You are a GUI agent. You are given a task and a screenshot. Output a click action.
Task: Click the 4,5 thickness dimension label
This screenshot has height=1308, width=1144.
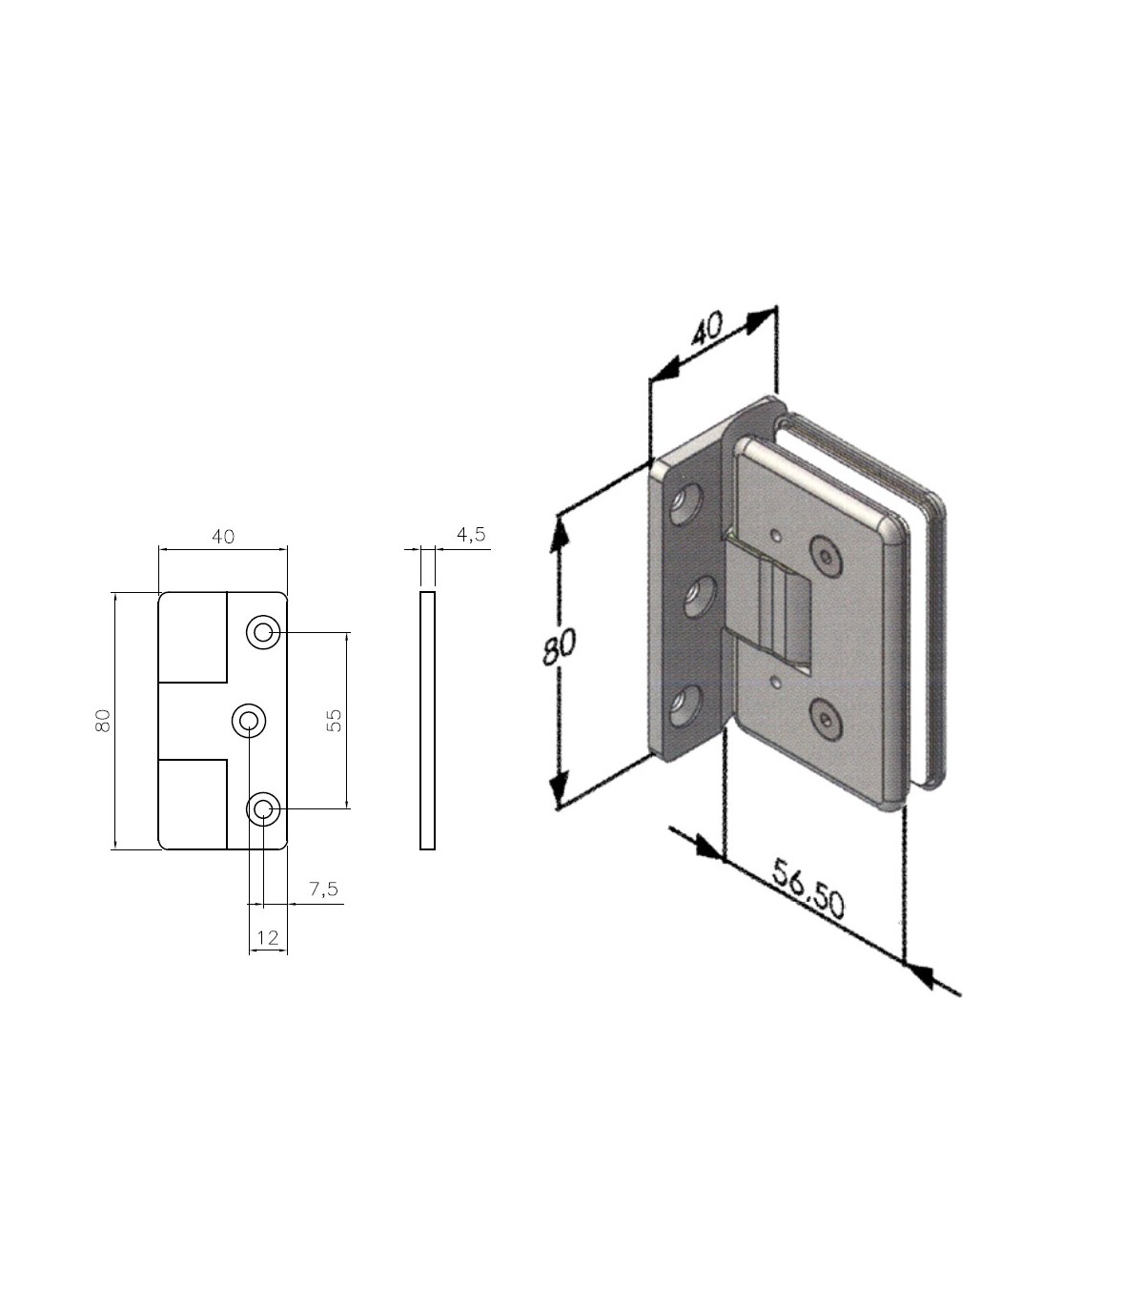[x=471, y=534]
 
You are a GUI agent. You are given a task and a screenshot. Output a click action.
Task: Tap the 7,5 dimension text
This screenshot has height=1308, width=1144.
[x=323, y=889]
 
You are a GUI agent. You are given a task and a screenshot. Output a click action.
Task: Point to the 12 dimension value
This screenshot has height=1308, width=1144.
[x=268, y=937]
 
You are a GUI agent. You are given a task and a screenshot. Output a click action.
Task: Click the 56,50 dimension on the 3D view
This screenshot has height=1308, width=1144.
[x=808, y=889]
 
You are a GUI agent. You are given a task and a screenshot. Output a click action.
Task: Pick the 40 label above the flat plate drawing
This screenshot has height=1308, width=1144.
[x=223, y=536]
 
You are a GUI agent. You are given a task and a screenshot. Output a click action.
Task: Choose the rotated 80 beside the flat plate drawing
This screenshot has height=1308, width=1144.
[x=104, y=721]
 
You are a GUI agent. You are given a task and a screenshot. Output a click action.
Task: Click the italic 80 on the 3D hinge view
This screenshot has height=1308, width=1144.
[x=560, y=646]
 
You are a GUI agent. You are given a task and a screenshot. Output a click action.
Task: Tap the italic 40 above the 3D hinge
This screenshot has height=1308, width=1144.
[x=707, y=329]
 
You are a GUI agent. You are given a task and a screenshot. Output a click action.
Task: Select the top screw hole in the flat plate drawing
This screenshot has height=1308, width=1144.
[x=263, y=633]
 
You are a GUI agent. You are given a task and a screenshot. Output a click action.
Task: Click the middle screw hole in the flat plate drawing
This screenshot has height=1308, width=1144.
[x=248, y=721]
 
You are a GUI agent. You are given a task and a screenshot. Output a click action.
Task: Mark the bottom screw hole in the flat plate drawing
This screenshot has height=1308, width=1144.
[x=263, y=808]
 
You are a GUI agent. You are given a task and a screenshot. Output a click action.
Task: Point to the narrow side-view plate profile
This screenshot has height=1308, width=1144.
[x=427, y=721]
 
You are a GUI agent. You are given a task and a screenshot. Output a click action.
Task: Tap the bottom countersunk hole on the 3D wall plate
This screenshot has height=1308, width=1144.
[x=685, y=706]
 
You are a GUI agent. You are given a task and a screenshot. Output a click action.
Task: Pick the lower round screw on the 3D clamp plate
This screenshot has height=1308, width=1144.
[x=827, y=718]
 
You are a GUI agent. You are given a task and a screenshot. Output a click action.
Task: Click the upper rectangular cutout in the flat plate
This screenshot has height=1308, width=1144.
[x=193, y=637]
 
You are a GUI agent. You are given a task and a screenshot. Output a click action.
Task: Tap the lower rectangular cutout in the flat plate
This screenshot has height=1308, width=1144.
[x=193, y=805]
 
